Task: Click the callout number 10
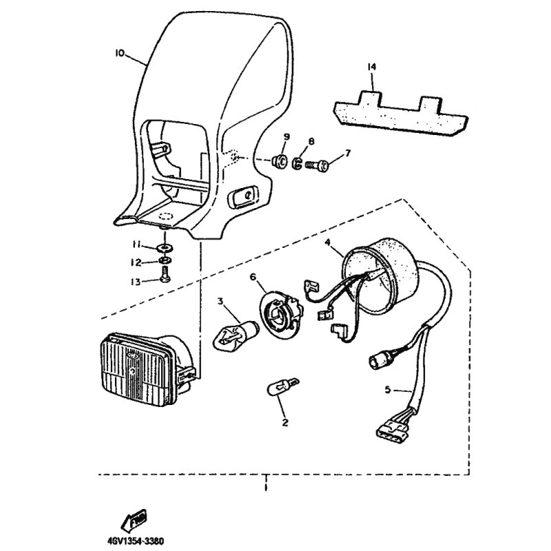pyautogui.click(x=120, y=52)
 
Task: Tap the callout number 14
pyautogui.click(x=372, y=67)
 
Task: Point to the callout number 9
pyautogui.click(x=286, y=136)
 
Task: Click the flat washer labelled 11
pyautogui.click(x=165, y=246)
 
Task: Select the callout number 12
pyautogui.click(x=136, y=262)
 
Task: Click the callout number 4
pyautogui.click(x=328, y=242)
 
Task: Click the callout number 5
pyautogui.click(x=388, y=390)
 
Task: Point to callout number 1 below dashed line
pyautogui.click(x=265, y=488)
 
